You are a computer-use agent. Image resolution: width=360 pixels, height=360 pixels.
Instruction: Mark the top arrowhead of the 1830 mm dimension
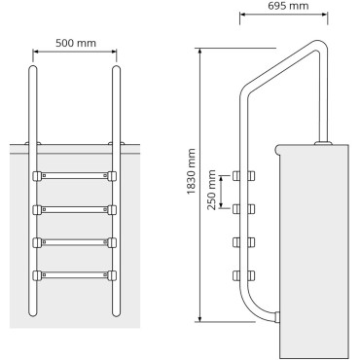click(x=198, y=48)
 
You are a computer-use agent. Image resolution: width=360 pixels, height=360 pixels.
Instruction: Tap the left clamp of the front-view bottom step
click(x=37, y=275)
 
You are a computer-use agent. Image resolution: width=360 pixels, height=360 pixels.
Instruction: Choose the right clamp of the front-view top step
click(x=112, y=177)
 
